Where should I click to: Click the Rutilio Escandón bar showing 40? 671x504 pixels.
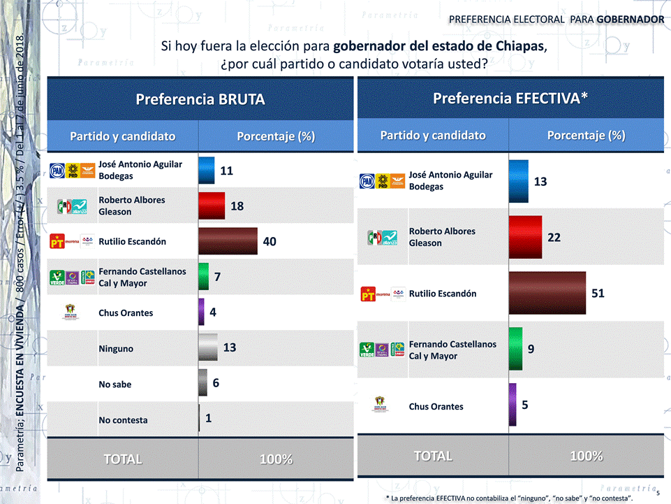pos(228,241)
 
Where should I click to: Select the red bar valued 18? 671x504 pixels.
pos(212,206)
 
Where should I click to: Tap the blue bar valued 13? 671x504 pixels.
pos(519,181)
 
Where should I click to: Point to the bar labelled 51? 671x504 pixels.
pos(547,294)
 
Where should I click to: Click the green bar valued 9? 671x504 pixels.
pos(516,348)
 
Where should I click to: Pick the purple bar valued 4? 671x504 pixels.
pos(202,312)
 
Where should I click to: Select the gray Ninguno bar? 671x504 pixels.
pos(208,347)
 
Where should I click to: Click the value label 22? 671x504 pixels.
pos(554,238)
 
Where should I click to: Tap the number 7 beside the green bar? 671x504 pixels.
pos(218,277)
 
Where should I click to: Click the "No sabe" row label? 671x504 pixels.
pos(115,384)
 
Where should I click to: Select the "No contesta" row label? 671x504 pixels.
pos(123,420)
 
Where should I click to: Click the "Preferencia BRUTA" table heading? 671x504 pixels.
pos(200,99)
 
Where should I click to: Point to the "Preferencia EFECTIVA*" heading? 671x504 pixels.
pos(510,98)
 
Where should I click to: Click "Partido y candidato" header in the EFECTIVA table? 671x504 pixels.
pos(433,135)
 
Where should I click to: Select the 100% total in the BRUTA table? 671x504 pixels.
pos(276,459)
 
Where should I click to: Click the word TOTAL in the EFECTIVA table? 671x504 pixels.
pos(433,456)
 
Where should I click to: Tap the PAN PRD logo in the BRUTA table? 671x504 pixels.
pos(71,170)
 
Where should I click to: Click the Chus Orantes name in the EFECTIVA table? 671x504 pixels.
pos(436,406)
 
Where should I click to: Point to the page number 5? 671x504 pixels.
pos(658,493)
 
